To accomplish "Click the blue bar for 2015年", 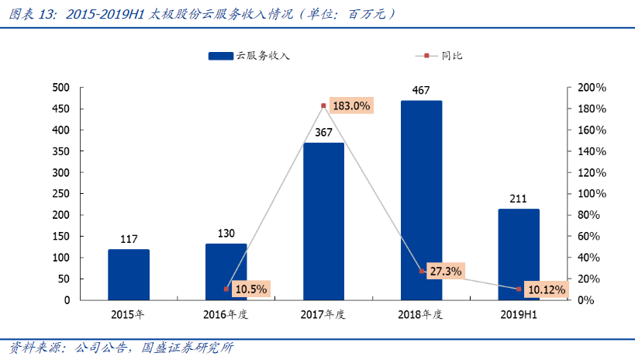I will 129,274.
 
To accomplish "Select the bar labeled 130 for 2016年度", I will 226,272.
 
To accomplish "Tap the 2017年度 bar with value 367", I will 323,221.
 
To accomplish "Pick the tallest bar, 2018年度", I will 421,200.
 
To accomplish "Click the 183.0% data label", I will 350,106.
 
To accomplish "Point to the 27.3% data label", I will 445,272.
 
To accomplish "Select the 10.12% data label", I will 546,289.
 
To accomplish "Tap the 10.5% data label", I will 250,289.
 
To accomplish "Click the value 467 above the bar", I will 421,90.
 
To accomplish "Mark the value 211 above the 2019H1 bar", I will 519,199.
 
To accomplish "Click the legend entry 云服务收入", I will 248,56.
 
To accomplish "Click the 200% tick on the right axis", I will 591,88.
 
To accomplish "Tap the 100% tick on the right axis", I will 591,194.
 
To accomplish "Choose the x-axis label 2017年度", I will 323,314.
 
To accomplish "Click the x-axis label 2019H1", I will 519,314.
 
